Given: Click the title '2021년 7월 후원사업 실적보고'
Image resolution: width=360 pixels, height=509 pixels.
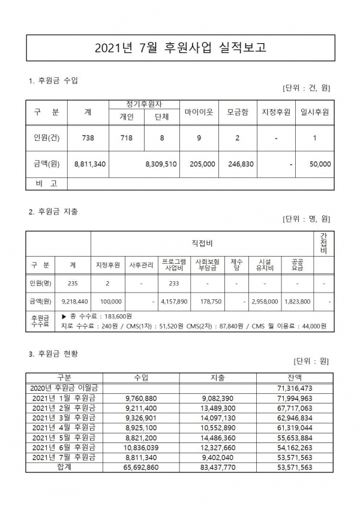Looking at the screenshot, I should (x=180, y=47).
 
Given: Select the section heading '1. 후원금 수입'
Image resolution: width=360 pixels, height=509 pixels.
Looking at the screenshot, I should (x=54, y=80).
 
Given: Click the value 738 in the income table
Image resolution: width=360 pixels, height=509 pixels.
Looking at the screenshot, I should (x=88, y=137).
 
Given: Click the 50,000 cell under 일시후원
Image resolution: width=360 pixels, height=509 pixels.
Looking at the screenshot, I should (x=318, y=163).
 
